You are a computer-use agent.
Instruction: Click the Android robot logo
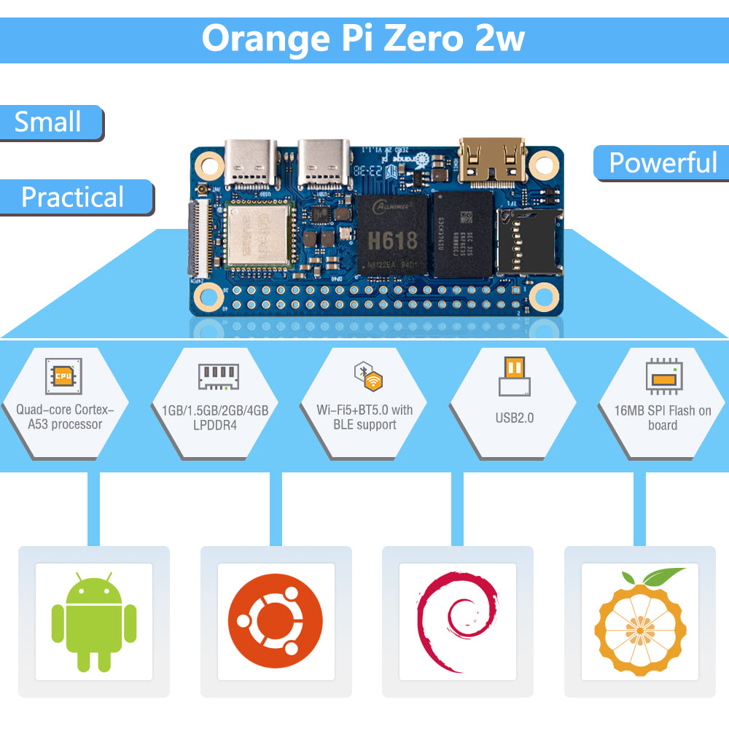pyautogui.click(x=94, y=621)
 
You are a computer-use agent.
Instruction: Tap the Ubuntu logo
pyautogui.click(x=276, y=621)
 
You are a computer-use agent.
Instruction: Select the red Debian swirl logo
pyautogui.click(x=456, y=621)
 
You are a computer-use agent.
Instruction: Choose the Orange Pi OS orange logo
pyautogui.click(x=640, y=621)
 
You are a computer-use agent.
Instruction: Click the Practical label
pyautogui.click(x=74, y=198)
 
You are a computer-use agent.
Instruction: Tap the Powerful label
pyautogui.click(x=663, y=163)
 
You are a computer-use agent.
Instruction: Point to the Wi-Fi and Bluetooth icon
pyautogui.click(x=369, y=376)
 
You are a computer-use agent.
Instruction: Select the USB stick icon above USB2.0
pyautogui.click(x=515, y=375)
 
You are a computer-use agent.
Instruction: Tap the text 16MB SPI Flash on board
pyautogui.click(x=663, y=418)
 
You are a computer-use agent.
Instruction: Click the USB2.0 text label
pyautogui.click(x=514, y=418)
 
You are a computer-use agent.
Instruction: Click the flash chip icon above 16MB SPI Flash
pyautogui.click(x=663, y=376)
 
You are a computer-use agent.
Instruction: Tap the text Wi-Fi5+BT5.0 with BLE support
pyautogui.click(x=364, y=417)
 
